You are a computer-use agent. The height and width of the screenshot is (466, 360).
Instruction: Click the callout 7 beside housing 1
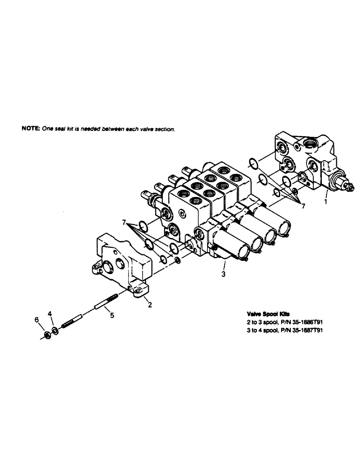coord(304,206)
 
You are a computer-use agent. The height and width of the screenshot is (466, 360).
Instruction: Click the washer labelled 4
coord(55,330)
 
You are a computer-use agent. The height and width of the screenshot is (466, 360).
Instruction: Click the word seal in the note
coord(58,129)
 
